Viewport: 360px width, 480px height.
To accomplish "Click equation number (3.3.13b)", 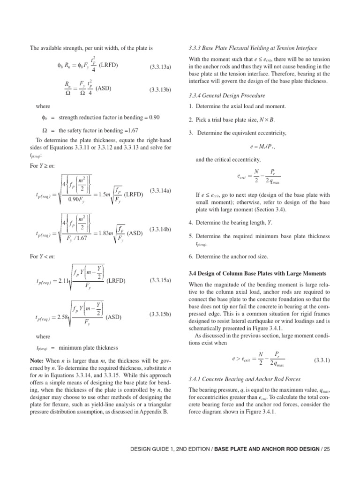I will click(160, 89).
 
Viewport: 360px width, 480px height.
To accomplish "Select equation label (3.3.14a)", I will click(160, 191).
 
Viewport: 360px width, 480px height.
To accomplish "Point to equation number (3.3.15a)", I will click(160, 280).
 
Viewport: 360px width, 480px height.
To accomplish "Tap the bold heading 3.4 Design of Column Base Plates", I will click(257, 273).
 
